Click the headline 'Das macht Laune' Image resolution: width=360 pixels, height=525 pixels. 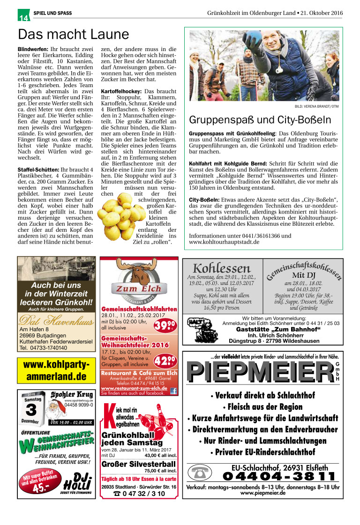click(73, 35)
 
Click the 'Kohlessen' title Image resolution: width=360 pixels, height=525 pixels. click(222, 268)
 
